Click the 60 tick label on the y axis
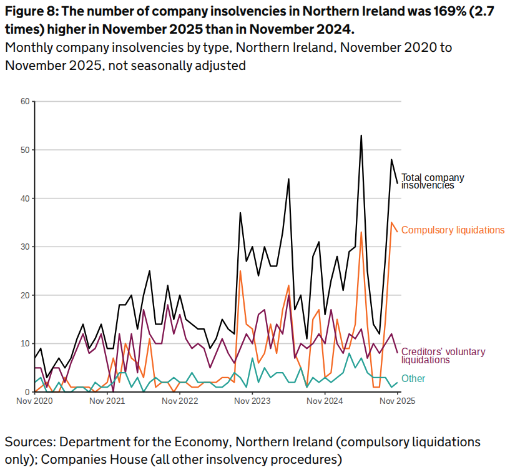tap(25, 101)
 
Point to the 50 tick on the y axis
tap(25, 150)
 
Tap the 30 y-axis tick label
tap(25, 247)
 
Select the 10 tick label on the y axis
tap(25, 343)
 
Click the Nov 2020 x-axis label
tap(35, 401)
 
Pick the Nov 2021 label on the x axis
tap(107, 401)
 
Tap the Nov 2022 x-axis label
tap(180, 401)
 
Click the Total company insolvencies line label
tap(432, 181)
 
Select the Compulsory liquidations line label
tap(453, 230)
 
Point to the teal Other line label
tap(413, 378)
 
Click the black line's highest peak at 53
tap(361, 135)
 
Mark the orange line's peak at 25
tap(240, 271)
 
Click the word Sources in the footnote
tap(29, 443)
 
